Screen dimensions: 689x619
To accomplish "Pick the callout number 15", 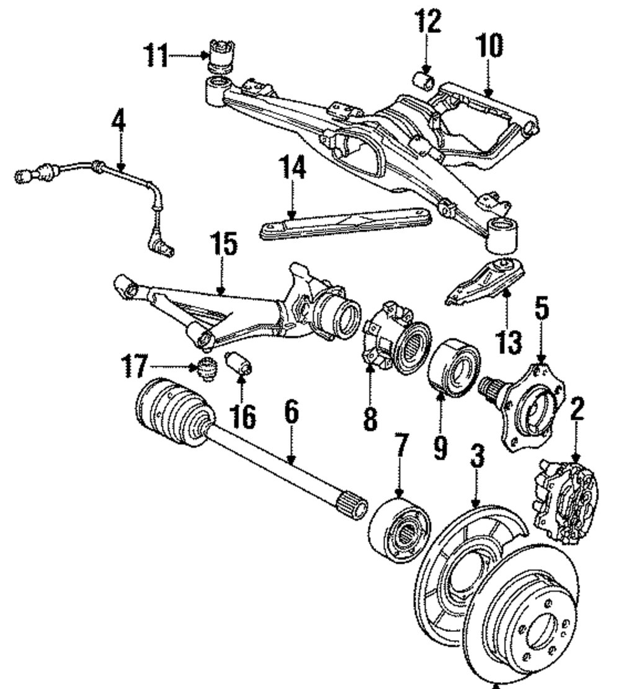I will tap(224, 246).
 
